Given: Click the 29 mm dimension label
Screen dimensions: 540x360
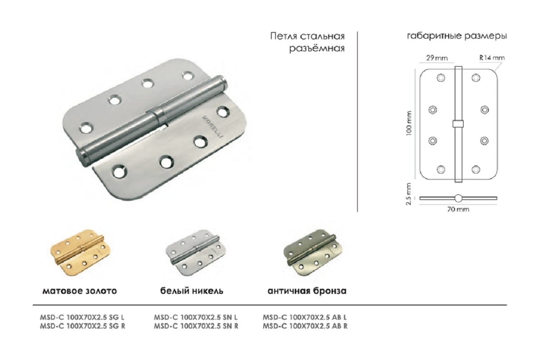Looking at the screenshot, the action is coord(437,58).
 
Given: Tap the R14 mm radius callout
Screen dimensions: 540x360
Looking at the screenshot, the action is coord(492,58).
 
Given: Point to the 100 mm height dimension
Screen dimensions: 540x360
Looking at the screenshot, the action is coord(409,123).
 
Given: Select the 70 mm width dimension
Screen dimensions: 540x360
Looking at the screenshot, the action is coord(458,209).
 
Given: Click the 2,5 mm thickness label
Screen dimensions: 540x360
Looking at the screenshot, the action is coord(409,194).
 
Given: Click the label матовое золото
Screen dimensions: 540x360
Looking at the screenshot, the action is coord(80,291).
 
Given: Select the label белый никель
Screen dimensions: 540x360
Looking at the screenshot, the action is coord(192,291).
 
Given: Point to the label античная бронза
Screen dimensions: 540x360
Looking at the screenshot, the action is coord(307,291).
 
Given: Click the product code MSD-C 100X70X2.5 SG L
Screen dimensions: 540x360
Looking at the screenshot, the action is coord(82,317).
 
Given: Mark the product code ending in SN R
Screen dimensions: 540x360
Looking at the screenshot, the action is coord(196,326).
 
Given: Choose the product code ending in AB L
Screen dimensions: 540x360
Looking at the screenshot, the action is coord(305,317).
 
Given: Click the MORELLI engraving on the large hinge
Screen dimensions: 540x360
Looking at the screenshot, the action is coord(212,127).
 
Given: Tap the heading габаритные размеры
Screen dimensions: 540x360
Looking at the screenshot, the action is coord(457,36).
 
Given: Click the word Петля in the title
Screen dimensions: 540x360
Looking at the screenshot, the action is coord(283,36).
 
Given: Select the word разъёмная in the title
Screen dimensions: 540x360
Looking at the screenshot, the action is coord(317,48).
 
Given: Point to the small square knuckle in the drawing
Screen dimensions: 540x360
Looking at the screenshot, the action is coord(458,124).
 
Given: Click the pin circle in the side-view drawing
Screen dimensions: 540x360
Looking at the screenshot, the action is coord(458,198).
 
